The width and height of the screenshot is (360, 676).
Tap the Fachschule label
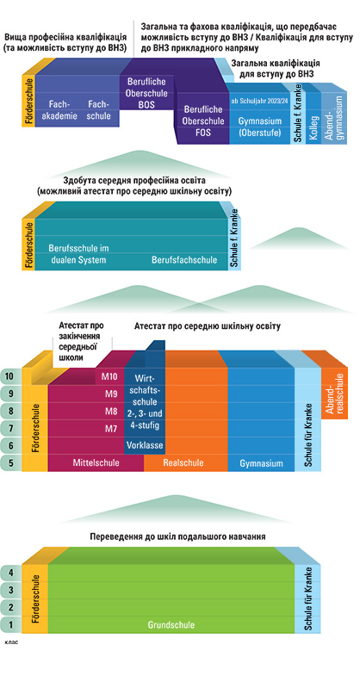pos(98,110)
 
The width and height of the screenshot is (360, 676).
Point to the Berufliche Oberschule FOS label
pos(203,121)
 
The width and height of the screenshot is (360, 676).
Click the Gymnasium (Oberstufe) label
pos(260,127)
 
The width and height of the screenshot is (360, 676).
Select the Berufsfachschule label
pos(184,260)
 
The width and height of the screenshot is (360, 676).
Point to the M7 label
pos(112,429)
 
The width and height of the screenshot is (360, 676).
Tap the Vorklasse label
pos(145,445)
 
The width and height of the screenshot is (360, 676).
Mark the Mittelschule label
pos(96,463)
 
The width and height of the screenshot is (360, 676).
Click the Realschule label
pos(183,463)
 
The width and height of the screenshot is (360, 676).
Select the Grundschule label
pos(171,624)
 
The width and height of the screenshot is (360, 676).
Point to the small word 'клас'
pos(11,642)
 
